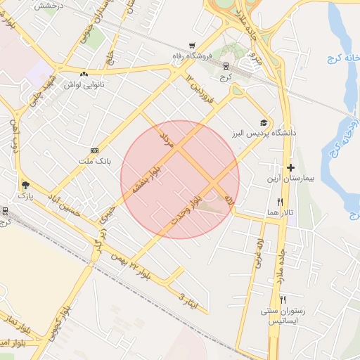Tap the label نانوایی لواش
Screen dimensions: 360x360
pyautogui.click(x=79, y=84)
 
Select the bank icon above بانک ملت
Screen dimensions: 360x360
pyautogui.click(x=94, y=150)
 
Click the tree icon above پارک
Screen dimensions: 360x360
pyautogui.click(x=26, y=185)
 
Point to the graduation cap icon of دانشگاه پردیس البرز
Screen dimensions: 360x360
pyautogui.click(x=264, y=122)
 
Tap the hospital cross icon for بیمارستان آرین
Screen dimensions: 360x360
pyautogui.click(x=290, y=167)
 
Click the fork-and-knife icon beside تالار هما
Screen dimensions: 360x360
pyautogui.click(x=281, y=202)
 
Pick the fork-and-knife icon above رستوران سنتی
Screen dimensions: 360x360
pyautogui.click(x=283, y=299)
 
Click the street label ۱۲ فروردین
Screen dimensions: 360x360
pyautogui.click(x=199, y=86)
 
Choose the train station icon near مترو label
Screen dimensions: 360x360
pyautogui.click(x=225, y=65)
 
